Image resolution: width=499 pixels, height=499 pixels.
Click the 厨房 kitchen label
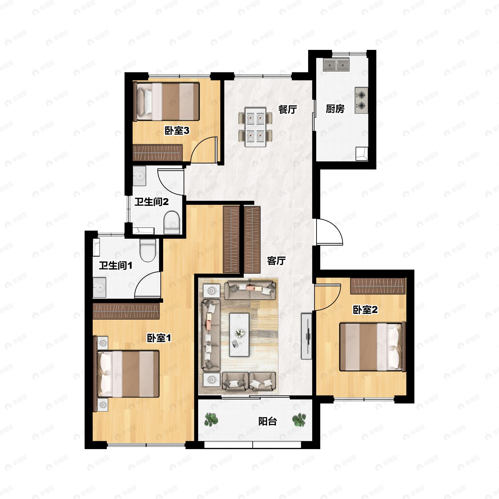coord(335,109)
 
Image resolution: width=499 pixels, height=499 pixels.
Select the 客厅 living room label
coord(276,261)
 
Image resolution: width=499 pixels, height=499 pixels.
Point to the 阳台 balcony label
coord(268,421)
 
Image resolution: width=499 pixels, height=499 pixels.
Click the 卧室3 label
coord(177,131)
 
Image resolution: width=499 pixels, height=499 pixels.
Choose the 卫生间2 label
coord(151,202)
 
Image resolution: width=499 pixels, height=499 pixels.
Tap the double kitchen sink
coord(336,65)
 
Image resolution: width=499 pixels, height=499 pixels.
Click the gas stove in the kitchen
coord(361,100)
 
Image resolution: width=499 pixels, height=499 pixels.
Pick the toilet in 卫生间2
coord(172,223)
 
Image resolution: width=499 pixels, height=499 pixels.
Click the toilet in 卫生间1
coord(147,250)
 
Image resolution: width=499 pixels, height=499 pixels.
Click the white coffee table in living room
coord(239,335)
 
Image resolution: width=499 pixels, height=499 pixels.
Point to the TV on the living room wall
coord(307,336)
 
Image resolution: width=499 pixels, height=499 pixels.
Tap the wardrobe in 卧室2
coord(378,286)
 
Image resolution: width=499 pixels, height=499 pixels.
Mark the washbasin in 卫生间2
coord(140,176)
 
